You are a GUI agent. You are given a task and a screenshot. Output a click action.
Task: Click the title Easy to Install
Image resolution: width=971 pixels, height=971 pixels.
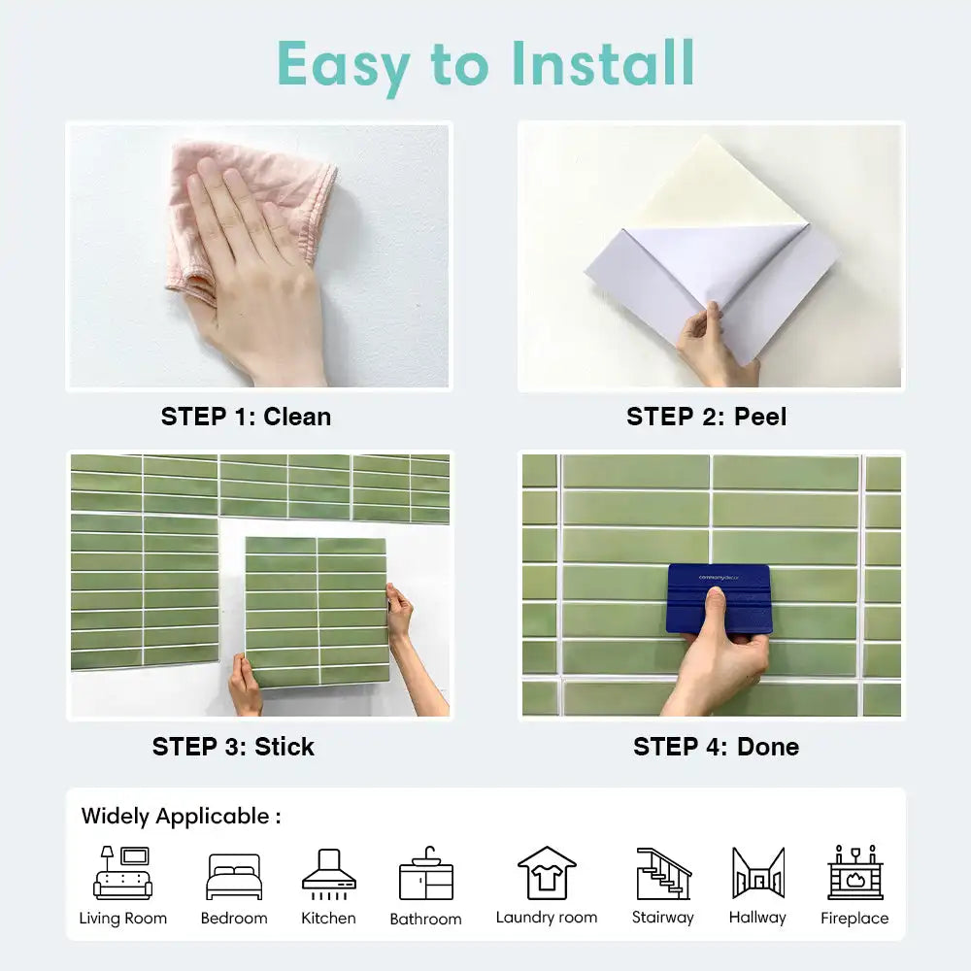tap(485, 64)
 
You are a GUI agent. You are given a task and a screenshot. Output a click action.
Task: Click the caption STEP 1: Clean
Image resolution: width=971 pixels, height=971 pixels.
tap(246, 417)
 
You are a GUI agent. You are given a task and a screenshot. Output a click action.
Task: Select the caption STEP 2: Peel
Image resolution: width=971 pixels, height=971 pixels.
tap(706, 417)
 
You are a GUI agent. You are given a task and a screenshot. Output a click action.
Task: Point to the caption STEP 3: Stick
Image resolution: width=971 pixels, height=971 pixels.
tap(233, 747)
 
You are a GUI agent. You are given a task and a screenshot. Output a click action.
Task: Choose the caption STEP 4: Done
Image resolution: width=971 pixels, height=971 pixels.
tap(716, 747)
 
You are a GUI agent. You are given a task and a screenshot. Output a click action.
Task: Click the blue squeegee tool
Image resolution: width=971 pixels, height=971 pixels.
tap(720, 597)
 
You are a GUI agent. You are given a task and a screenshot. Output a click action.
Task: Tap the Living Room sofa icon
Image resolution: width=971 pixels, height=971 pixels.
tap(122, 873)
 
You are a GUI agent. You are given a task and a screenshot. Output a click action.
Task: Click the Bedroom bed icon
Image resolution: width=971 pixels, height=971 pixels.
tap(234, 877)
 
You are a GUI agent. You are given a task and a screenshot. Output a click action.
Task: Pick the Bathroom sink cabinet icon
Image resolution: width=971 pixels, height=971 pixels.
tap(425, 874)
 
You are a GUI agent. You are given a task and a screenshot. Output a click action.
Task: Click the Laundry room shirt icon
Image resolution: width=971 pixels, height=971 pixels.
tap(547, 873)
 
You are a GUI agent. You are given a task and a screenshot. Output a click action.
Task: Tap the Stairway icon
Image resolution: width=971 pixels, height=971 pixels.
tap(663, 873)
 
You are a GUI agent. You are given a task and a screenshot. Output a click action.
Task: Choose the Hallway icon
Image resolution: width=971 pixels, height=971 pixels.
tap(757, 873)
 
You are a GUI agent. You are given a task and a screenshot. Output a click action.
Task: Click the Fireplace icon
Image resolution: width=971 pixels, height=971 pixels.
tap(854, 872)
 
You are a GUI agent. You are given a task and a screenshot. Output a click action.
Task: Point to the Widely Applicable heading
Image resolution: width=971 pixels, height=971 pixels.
tap(181, 816)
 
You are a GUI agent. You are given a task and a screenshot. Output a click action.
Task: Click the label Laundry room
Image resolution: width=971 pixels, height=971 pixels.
tap(547, 918)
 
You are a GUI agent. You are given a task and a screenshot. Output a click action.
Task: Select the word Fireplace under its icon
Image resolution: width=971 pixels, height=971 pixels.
tap(854, 919)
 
